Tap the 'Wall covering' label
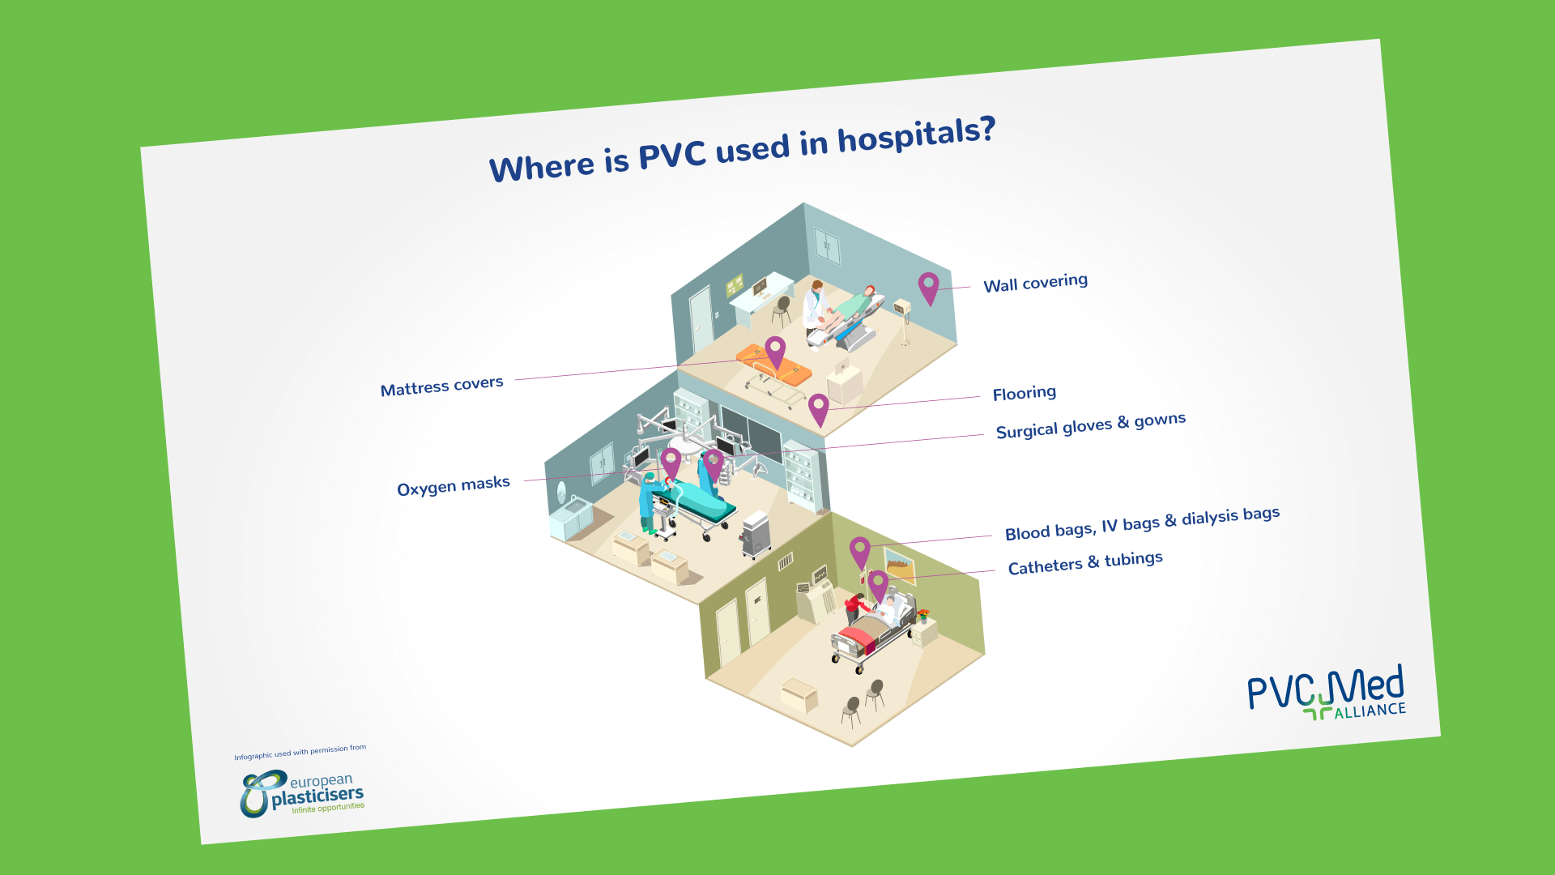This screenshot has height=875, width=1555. tap(1035, 283)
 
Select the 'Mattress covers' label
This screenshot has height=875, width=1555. tap(441, 386)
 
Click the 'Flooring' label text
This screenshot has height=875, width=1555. tap(1025, 393)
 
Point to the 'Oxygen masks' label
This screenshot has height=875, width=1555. tap(454, 485)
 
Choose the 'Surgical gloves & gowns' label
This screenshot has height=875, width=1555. tap(1091, 425)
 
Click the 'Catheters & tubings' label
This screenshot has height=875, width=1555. tap(1085, 562)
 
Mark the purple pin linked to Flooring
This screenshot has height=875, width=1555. tap(819, 410)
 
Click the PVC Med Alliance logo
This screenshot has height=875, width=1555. tap(1327, 694)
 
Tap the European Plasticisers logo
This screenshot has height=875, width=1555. tap(302, 794)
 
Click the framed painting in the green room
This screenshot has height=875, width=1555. tap(899, 566)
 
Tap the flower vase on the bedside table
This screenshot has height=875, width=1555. tap(923, 615)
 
